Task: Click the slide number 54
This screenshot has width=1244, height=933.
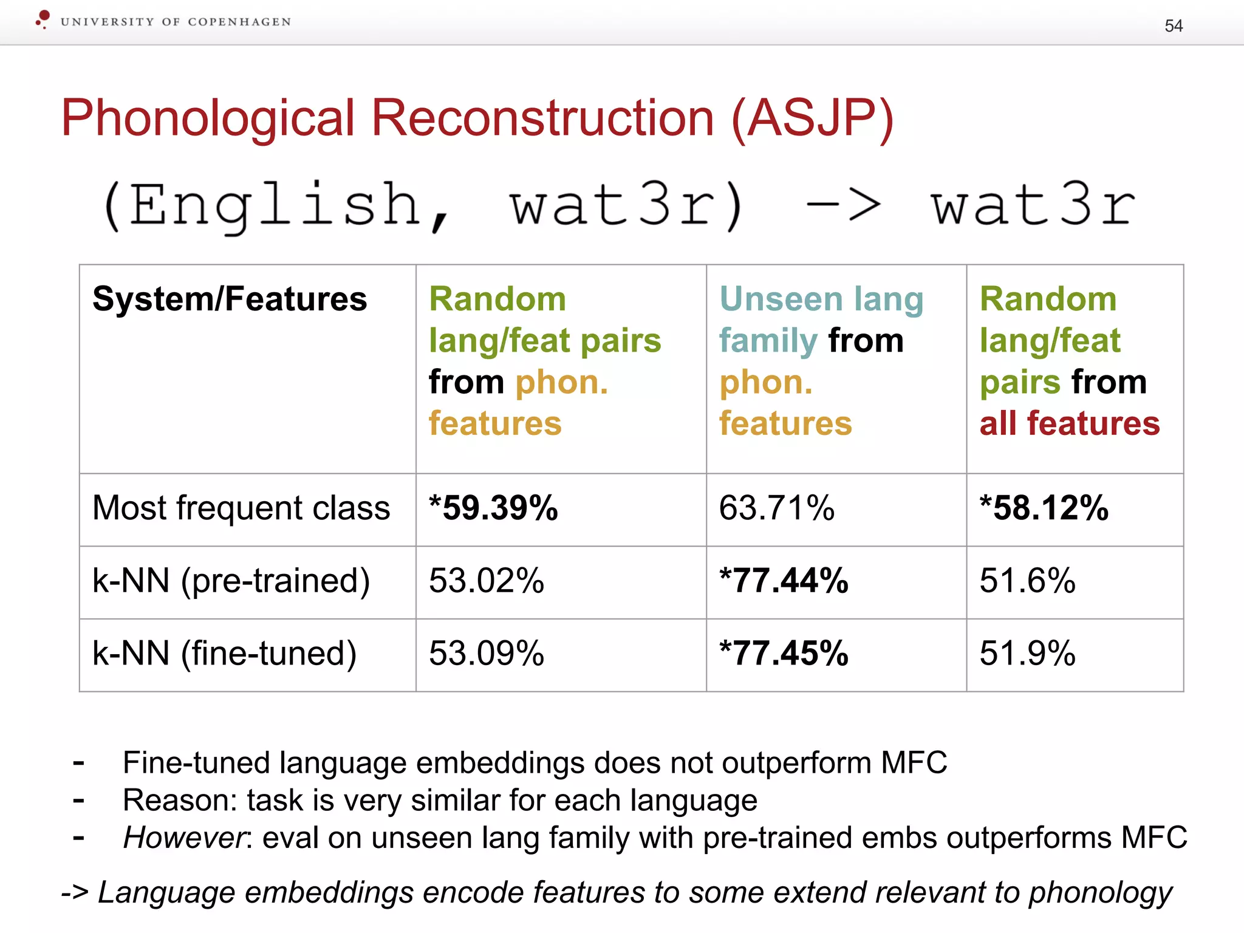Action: (x=1173, y=26)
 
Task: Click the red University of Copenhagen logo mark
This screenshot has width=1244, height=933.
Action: (x=43, y=19)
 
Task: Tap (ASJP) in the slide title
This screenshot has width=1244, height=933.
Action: (x=813, y=118)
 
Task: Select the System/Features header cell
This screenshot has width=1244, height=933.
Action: (x=230, y=299)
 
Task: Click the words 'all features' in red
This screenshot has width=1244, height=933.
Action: (x=1069, y=423)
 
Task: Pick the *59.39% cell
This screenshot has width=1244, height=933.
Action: (x=493, y=508)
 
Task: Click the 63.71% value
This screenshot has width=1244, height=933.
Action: (x=777, y=508)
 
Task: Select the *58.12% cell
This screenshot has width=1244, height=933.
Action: (x=1044, y=508)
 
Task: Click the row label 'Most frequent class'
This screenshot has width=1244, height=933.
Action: (x=241, y=508)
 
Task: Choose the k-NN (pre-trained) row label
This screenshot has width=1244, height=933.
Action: (x=231, y=581)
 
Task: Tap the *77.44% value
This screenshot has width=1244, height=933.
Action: (x=784, y=581)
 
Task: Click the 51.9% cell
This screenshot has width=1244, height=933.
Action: (x=1027, y=654)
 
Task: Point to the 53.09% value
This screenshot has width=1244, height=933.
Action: (x=487, y=654)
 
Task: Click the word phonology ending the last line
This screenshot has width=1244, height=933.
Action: (x=1100, y=893)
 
